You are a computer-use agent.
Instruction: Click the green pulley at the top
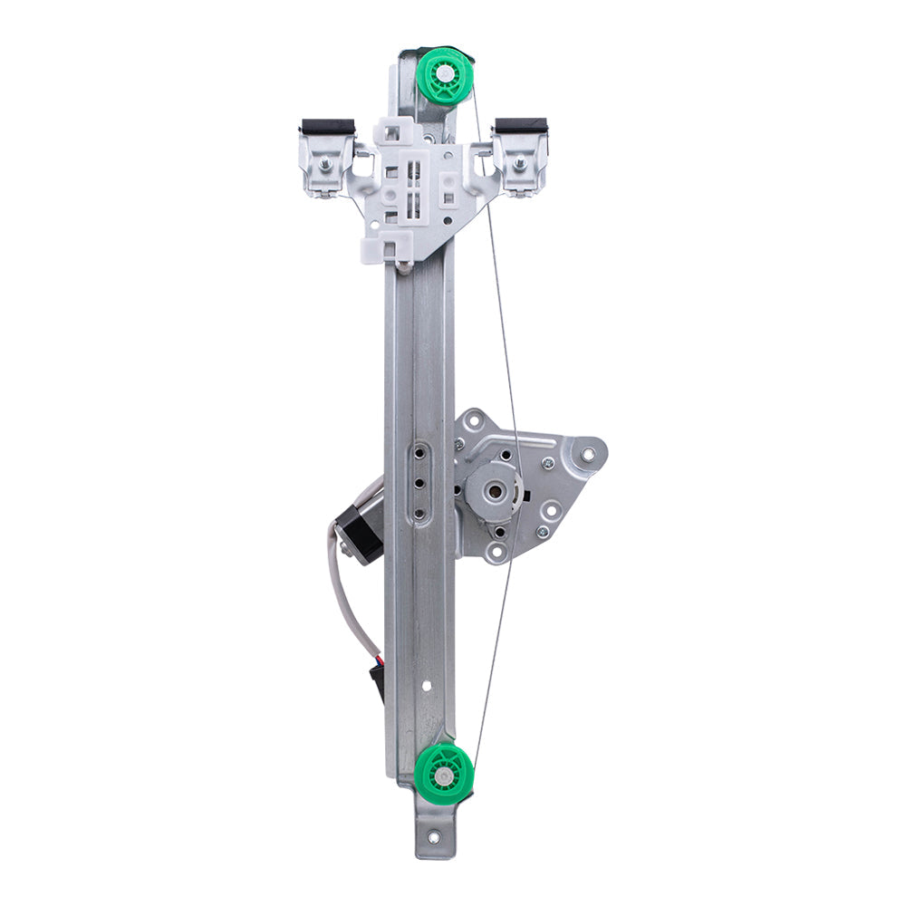445,76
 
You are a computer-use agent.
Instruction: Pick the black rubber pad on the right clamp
521,125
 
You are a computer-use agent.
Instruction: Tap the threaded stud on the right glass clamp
520,165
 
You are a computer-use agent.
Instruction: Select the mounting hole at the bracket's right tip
590,452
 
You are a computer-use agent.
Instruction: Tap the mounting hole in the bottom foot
434,838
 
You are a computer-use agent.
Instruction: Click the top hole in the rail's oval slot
419,451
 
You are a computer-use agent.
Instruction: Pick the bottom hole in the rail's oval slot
419,514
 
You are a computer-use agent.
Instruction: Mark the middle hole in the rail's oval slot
419,483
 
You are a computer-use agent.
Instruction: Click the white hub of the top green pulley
445,72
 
